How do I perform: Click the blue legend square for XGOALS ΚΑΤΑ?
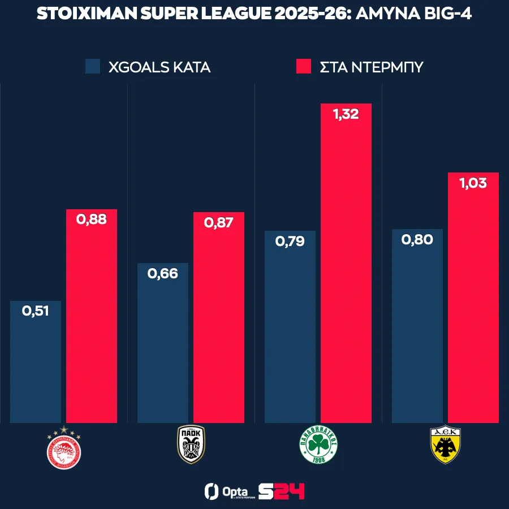click(93, 67)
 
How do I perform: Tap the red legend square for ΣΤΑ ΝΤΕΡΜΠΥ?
click(304, 67)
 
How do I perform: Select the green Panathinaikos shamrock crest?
click(318, 445)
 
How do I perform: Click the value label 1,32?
click(346, 115)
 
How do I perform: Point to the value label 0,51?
click(36, 310)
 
